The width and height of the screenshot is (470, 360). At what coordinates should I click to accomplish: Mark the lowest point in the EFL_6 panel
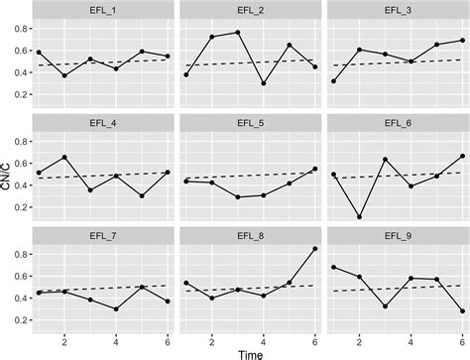point(358,217)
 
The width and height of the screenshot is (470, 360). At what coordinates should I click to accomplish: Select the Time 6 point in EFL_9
point(463,311)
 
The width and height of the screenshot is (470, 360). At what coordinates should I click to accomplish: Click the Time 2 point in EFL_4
point(64,158)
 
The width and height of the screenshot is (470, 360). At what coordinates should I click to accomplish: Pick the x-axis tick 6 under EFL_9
point(463,335)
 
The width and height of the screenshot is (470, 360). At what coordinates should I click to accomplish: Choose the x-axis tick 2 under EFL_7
point(64,335)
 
